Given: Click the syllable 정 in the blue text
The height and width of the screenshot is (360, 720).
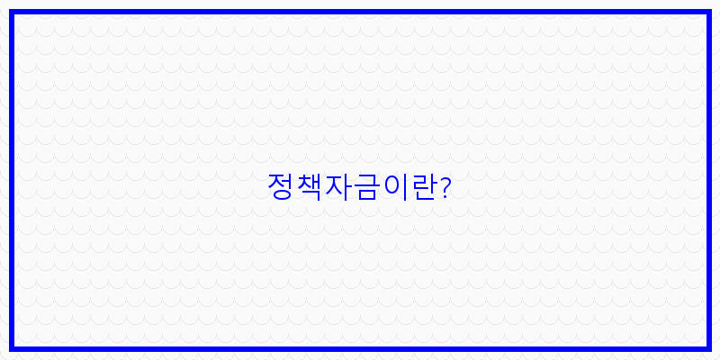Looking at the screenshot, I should (281, 186).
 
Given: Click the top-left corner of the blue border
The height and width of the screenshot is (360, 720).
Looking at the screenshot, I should (12, 13).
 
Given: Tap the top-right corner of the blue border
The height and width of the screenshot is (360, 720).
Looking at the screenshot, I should (708, 13).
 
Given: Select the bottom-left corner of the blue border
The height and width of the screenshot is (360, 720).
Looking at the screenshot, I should (12, 347).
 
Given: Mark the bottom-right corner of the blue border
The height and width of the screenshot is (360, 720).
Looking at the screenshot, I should (708, 347).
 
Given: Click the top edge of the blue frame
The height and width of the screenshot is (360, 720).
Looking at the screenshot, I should (360, 13).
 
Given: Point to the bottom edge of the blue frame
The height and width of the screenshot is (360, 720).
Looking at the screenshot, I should (360, 347).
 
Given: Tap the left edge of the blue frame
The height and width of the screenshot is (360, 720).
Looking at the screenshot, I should (12, 180).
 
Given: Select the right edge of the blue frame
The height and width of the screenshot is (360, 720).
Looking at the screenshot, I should (708, 180).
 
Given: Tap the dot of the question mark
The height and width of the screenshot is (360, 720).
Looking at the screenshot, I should (445, 197).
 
